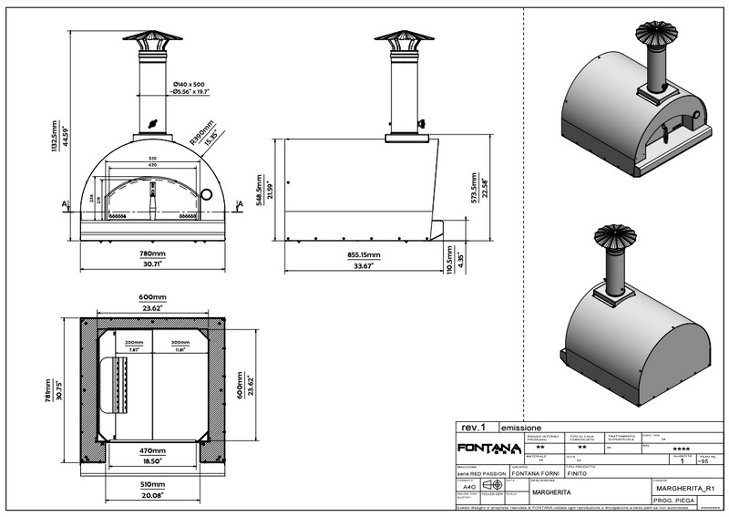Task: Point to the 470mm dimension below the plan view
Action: click(153, 451)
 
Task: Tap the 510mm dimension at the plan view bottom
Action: click(153, 485)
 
